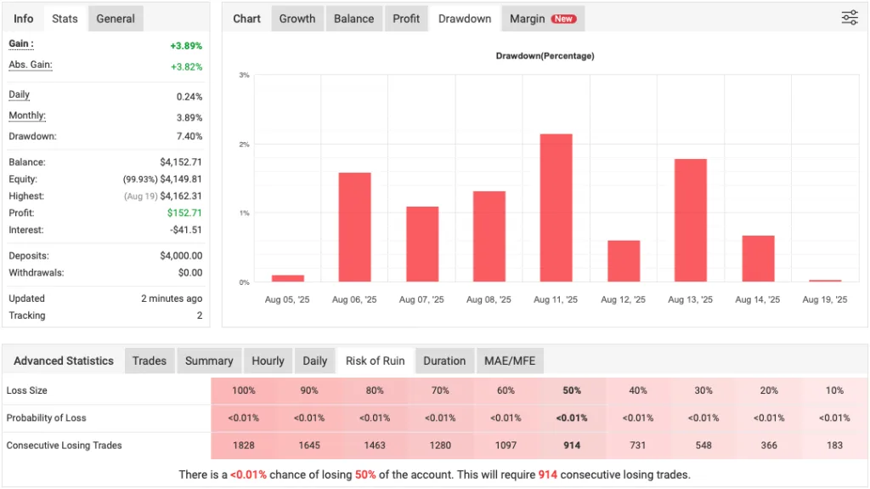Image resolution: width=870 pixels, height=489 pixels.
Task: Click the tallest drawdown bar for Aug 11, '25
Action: click(x=556, y=208)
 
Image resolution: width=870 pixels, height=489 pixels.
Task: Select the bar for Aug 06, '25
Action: click(x=354, y=227)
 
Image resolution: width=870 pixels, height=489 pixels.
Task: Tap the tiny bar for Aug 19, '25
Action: click(x=824, y=280)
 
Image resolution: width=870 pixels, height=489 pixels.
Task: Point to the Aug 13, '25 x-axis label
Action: click(x=690, y=300)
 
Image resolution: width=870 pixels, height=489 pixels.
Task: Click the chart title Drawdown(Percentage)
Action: click(x=545, y=56)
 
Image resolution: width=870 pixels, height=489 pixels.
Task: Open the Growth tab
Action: click(x=297, y=19)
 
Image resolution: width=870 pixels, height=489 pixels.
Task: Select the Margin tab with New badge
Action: click(x=542, y=19)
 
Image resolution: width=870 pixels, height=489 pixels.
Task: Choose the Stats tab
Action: click(x=65, y=19)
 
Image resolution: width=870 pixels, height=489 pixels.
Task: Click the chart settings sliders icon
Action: click(x=849, y=18)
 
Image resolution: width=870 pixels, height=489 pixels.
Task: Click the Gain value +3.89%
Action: click(x=186, y=46)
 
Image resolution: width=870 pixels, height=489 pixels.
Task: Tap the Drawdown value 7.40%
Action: click(x=188, y=137)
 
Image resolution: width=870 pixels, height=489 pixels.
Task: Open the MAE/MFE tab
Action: click(x=510, y=361)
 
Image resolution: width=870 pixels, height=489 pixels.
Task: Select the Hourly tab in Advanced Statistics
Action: click(x=268, y=361)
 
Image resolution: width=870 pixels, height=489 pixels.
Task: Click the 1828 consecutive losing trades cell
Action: click(x=243, y=446)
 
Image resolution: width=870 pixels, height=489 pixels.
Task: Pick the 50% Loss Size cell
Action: click(x=572, y=391)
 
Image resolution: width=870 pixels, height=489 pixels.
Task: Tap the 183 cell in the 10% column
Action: click(x=834, y=446)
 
